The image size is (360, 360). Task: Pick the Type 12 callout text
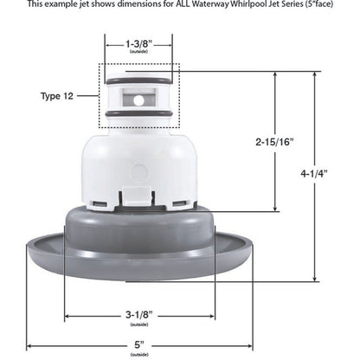64,96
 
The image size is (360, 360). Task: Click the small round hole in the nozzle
138,100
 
